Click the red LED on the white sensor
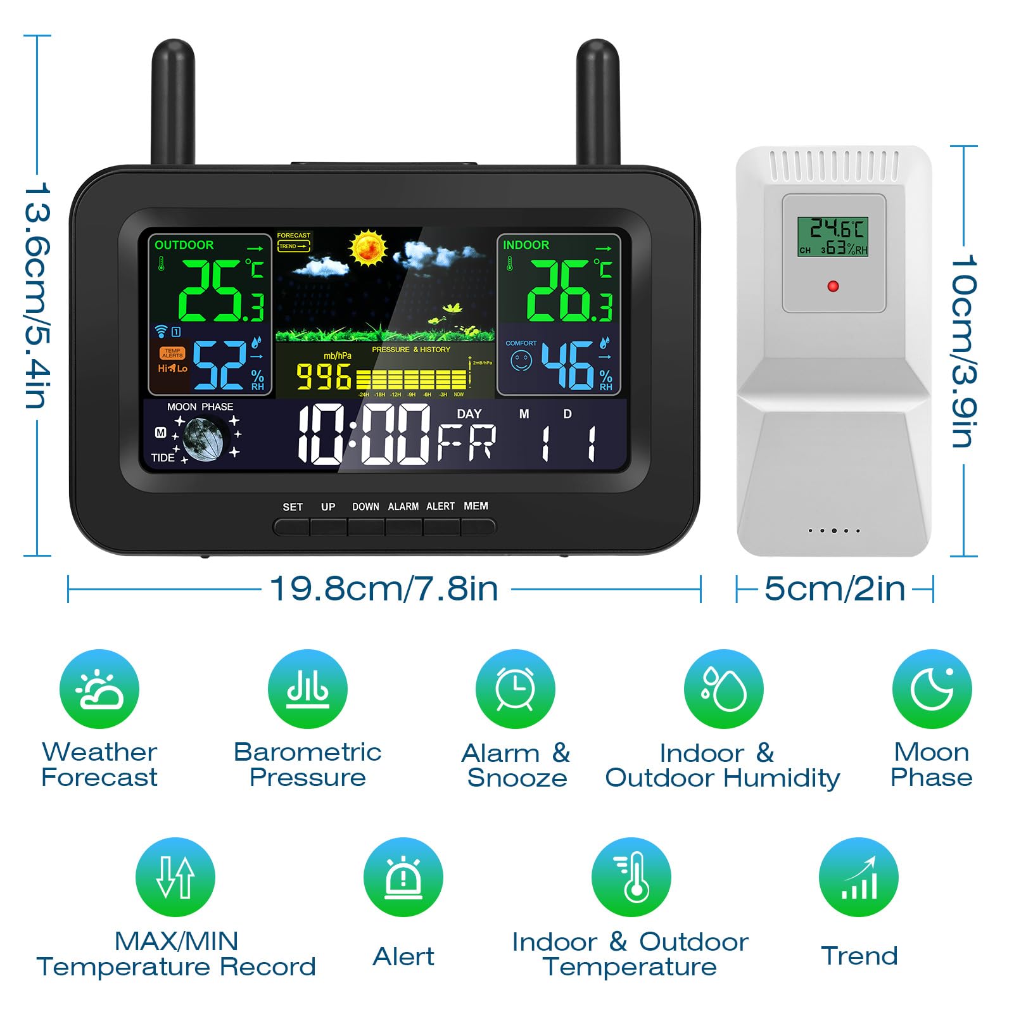tap(833, 286)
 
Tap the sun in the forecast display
tap(368, 248)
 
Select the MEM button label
tap(476, 506)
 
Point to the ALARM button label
tap(403, 507)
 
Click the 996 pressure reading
tap(324, 377)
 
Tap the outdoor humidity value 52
tap(220, 365)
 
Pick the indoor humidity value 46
tap(567, 365)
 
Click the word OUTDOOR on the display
tap(184, 245)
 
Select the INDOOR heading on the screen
tap(526, 245)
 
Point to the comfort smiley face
tap(521, 362)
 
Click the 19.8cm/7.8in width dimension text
tap(384, 589)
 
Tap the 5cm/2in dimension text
tap(835, 589)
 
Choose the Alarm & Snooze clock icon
tap(516, 689)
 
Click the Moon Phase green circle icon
tap(932, 689)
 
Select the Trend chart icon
tap(859, 877)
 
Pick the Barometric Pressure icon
tap(308, 689)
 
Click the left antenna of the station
tap(173, 101)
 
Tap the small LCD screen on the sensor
tap(832, 236)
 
